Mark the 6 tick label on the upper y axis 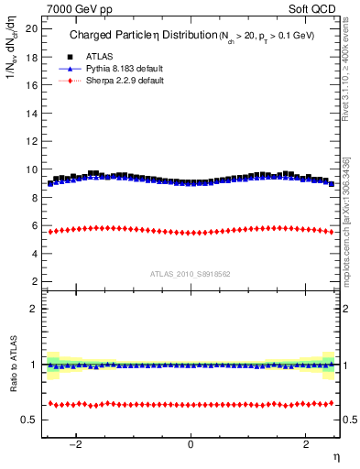click(x=34, y=225)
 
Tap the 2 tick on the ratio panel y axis click(x=34, y=309)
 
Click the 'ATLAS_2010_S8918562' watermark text click(x=191, y=274)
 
